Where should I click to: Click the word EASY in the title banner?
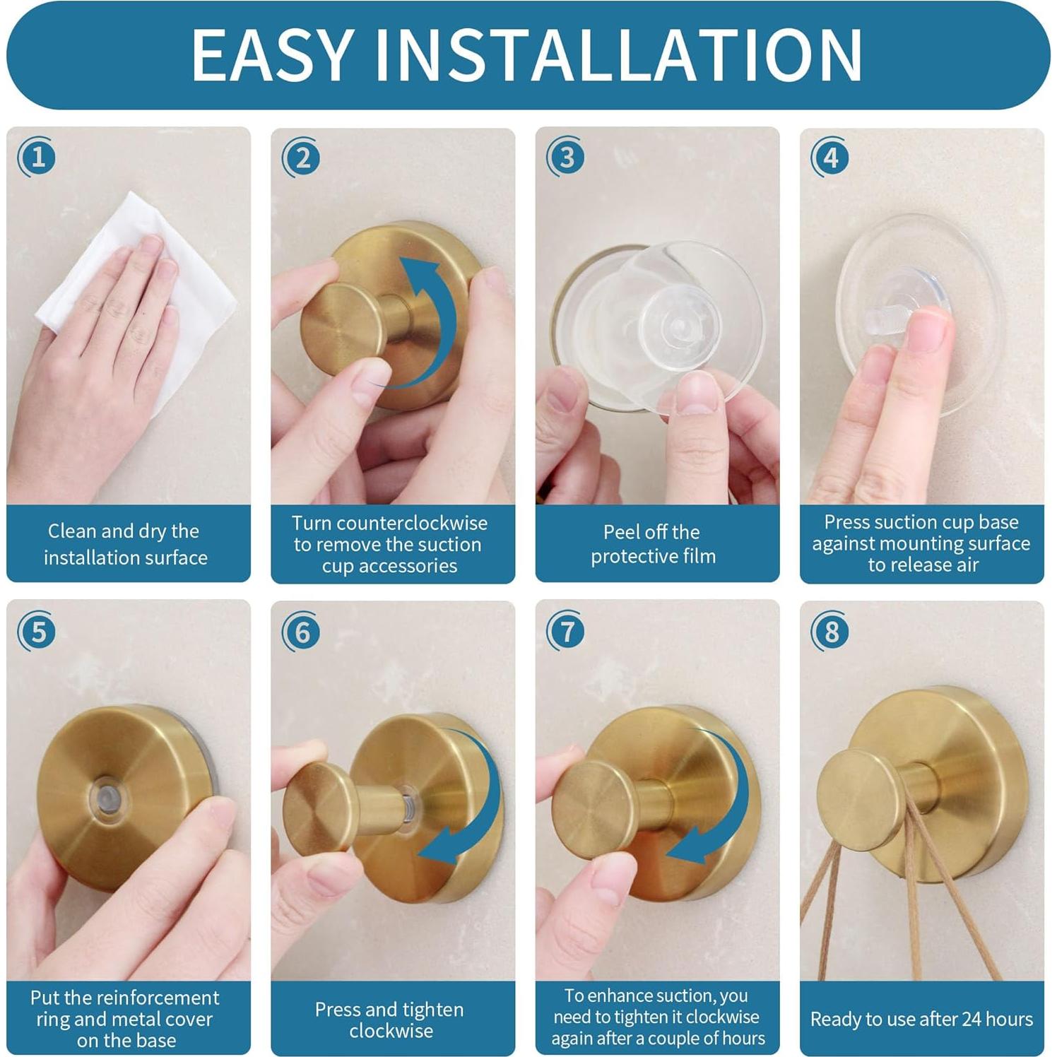273,55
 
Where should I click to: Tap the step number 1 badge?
37,157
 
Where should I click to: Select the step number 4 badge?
830,157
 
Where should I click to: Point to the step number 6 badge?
302,632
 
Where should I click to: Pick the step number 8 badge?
830,632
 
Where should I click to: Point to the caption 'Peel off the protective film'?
653,544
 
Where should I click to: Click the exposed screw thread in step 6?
409,799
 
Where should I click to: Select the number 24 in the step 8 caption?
972,1019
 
